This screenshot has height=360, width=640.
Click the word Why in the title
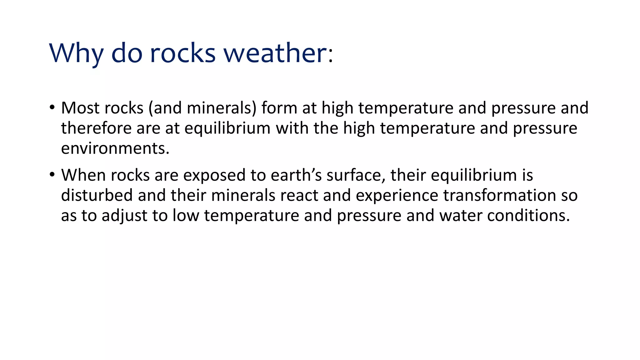76,53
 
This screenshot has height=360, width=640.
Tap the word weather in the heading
275,53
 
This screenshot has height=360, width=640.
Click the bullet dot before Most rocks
52,108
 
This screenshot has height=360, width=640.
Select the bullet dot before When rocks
52,175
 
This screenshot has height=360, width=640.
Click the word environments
115,148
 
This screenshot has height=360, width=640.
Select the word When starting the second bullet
83,175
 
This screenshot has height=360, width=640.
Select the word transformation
499,195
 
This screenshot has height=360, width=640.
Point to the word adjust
124,216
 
